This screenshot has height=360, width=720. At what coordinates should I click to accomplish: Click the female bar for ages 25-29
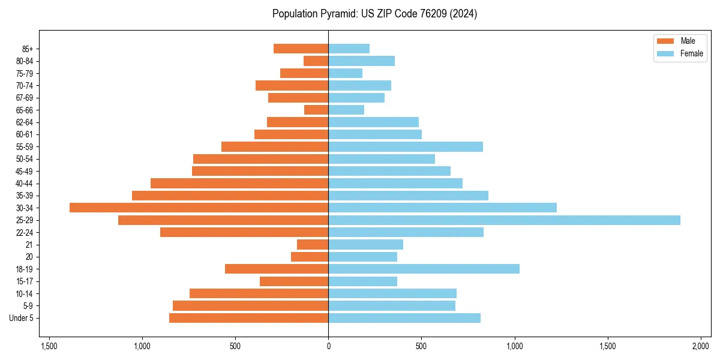click(504, 220)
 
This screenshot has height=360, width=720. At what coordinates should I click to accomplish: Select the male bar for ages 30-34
click(199, 208)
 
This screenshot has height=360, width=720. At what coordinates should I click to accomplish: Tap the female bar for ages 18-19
click(424, 269)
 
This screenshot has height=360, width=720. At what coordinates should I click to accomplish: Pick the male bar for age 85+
click(301, 49)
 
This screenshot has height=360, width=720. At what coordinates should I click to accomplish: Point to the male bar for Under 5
click(248, 318)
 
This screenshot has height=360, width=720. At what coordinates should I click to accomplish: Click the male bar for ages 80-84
click(316, 61)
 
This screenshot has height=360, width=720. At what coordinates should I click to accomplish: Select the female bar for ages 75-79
click(345, 73)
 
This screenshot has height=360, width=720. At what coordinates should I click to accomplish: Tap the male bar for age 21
click(313, 244)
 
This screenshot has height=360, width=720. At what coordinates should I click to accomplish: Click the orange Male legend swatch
click(665, 41)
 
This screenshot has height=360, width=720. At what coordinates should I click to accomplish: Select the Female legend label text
click(691, 53)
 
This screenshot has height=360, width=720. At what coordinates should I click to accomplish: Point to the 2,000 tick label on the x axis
click(701, 347)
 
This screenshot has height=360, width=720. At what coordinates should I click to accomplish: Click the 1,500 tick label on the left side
click(49, 347)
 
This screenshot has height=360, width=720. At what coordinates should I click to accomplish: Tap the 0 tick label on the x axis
click(328, 347)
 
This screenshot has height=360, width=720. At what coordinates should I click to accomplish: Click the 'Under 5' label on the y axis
click(22, 318)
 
